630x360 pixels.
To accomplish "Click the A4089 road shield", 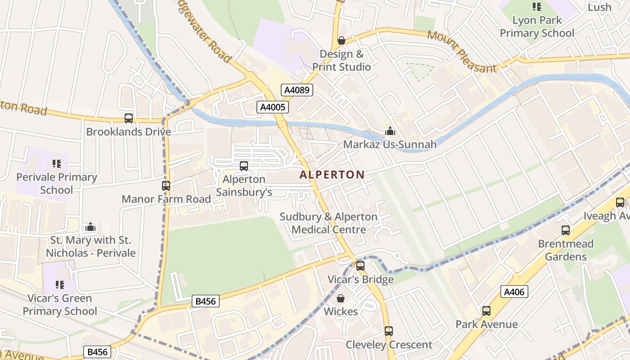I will (x=297, y=90).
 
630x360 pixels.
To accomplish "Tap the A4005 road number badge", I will (x=272, y=107).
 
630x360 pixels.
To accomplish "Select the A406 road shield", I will (x=514, y=292).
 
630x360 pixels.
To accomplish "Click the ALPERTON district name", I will (x=332, y=175).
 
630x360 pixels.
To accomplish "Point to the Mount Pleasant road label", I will (x=462, y=51).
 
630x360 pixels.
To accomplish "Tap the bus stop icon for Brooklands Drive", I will (x=129, y=118).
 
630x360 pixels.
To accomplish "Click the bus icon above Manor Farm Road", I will (x=166, y=185).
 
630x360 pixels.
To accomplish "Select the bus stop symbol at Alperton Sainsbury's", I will (x=244, y=166).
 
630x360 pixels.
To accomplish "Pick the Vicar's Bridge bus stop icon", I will (x=360, y=265).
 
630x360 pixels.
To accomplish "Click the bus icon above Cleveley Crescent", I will (x=389, y=331).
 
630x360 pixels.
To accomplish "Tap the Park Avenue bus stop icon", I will (x=486, y=310).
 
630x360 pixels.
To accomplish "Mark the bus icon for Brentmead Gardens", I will (x=566, y=230).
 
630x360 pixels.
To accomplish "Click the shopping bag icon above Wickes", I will (x=341, y=298).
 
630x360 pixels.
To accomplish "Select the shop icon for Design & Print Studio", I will (x=342, y=40).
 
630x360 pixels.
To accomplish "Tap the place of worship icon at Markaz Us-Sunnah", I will (x=390, y=131).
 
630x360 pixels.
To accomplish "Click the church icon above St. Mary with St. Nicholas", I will (x=90, y=227).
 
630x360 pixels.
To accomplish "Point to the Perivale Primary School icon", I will (x=57, y=163).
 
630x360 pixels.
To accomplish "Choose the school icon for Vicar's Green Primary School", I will (x=60, y=284).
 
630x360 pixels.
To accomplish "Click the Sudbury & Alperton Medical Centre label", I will (x=328, y=223).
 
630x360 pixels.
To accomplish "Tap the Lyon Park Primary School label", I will (x=537, y=27).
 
